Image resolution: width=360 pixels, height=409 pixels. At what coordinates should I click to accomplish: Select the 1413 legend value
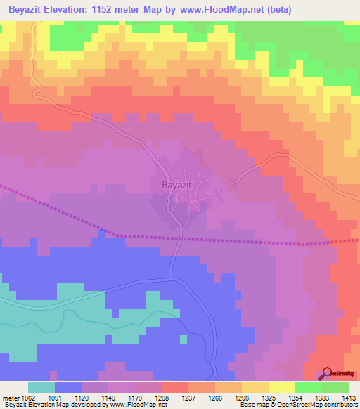click(x=349, y=397)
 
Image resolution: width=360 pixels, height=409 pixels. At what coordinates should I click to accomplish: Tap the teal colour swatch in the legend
click(x=41, y=387)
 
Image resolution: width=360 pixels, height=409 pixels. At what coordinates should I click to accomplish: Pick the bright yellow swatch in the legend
click(x=281, y=387)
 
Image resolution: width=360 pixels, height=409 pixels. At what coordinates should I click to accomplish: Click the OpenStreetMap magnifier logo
click(x=326, y=374)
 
